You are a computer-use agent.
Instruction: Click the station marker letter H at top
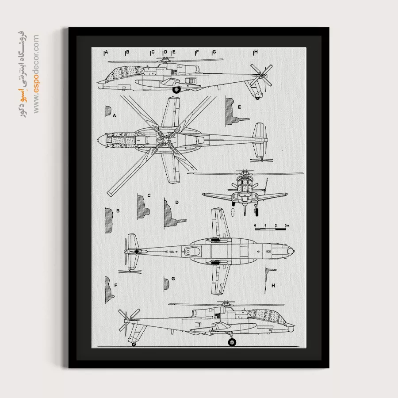(256, 52)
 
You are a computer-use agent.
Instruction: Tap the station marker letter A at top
(106, 52)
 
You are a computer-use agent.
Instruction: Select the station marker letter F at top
(197, 52)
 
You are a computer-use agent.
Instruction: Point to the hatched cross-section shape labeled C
(143, 207)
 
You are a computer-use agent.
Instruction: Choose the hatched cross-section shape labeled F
(109, 289)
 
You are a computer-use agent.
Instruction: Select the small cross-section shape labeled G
(166, 284)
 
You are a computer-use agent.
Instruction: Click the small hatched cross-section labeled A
(108, 111)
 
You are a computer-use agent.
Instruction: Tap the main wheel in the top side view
(176, 90)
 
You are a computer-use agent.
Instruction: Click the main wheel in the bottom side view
(232, 342)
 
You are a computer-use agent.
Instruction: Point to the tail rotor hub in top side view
(261, 75)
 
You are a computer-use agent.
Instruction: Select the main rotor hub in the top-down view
(165, 140)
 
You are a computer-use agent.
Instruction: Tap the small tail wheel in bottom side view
(134, 344)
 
